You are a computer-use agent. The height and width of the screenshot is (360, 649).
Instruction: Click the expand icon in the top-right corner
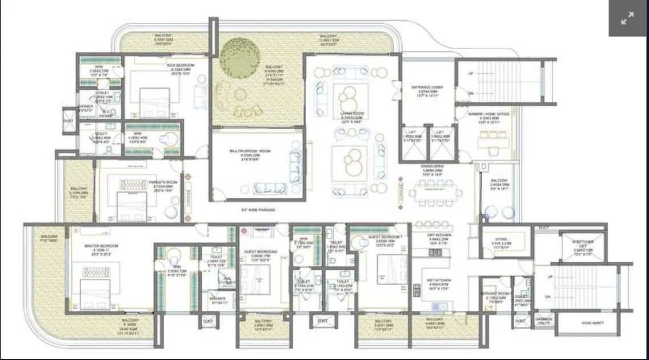click(x=627, y=18)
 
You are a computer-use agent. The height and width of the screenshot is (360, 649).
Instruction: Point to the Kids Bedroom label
click(x=181, y=66)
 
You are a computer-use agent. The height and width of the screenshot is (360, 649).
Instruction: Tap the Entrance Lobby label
click(x=427, y=87)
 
